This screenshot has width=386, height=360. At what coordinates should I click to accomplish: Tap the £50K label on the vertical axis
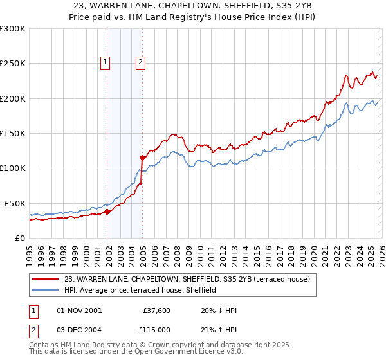click(15, 203)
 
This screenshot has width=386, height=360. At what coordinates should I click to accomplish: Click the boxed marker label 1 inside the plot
click(104, 62)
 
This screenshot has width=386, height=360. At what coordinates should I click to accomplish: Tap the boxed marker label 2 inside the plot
click(140, 62)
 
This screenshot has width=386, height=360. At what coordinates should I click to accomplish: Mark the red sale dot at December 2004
click(142, 157)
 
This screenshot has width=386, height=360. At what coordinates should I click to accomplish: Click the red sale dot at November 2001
click(107, 212)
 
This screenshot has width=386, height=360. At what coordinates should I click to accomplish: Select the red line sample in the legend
click(44, 279)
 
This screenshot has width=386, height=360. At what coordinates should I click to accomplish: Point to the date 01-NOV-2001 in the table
click(79, 310)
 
